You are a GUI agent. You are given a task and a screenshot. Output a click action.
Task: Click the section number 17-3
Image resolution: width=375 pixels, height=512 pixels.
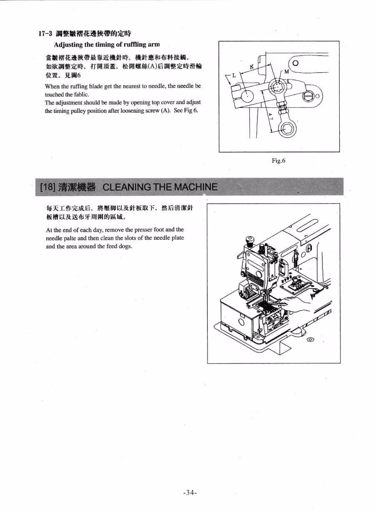[x=45, y=34]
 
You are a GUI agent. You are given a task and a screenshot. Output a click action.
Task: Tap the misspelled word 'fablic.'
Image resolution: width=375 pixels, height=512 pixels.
[x=81, y=94]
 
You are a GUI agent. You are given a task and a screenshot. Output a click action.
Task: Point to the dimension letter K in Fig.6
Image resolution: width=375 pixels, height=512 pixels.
[x=251, y=67]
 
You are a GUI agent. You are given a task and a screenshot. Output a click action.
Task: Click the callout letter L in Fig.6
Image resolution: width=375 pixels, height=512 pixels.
[x=234, y=75]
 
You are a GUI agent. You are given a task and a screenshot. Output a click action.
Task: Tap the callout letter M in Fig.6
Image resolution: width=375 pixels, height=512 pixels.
[x=286, y=72]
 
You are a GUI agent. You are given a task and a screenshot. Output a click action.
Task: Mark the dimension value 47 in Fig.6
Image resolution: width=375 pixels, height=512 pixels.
[x=271, y=116]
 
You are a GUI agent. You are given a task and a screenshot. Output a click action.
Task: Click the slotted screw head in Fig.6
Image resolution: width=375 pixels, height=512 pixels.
[x=308, y=96]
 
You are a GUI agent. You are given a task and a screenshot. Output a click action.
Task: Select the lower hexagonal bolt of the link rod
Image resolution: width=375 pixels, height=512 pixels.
[x=286, y=129]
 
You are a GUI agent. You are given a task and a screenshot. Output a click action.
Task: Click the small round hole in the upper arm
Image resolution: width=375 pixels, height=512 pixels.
[x=295, y=62]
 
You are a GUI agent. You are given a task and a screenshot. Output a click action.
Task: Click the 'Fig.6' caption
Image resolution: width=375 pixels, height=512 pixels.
[x=278, y=161]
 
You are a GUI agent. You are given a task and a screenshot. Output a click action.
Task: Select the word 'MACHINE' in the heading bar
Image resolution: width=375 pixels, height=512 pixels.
[x=195, y=187]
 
